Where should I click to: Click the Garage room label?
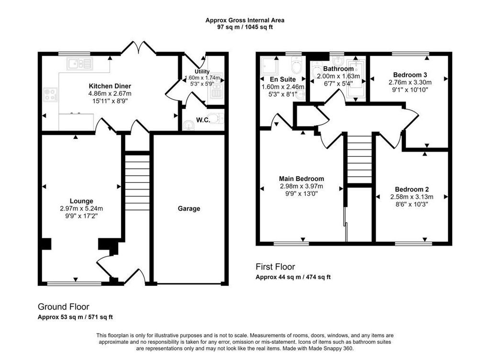click(x=189, y=209)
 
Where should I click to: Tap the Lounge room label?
click(x=81, y=201)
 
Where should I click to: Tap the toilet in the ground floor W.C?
click(x=215, y=118)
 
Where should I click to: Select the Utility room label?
click(x=195, y=71)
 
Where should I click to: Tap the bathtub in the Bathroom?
click(x=356, y=80)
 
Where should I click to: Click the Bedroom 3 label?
click(x=410, y=75)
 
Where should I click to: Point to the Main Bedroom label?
click(x=301, y=179)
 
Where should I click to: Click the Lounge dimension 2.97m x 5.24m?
click(x=81, y=208)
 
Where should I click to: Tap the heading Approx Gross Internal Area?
click(x=245, y=21)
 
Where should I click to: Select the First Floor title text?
click(x=275, y=267)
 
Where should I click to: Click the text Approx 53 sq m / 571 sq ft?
click(x=75, y=317)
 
